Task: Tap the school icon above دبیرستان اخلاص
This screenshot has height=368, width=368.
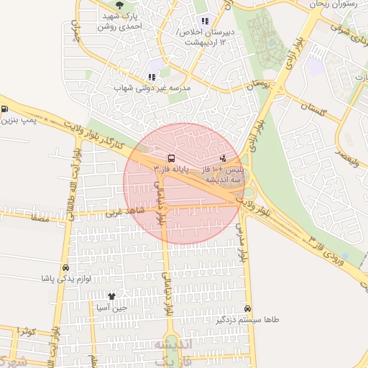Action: tap(204, 21)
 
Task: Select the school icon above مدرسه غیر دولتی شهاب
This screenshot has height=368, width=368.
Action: tap(152, 77)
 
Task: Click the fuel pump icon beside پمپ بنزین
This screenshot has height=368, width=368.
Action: tap(5, 109)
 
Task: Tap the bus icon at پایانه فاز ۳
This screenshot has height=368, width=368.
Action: tap(170, 157)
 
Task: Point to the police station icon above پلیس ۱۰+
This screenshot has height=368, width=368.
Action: tap(223, 157)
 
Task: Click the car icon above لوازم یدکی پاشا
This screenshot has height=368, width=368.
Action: tap(66, 268)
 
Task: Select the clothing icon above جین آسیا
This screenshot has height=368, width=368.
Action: tap(111, 296)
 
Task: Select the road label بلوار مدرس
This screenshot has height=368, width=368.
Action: tap(242, 241)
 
